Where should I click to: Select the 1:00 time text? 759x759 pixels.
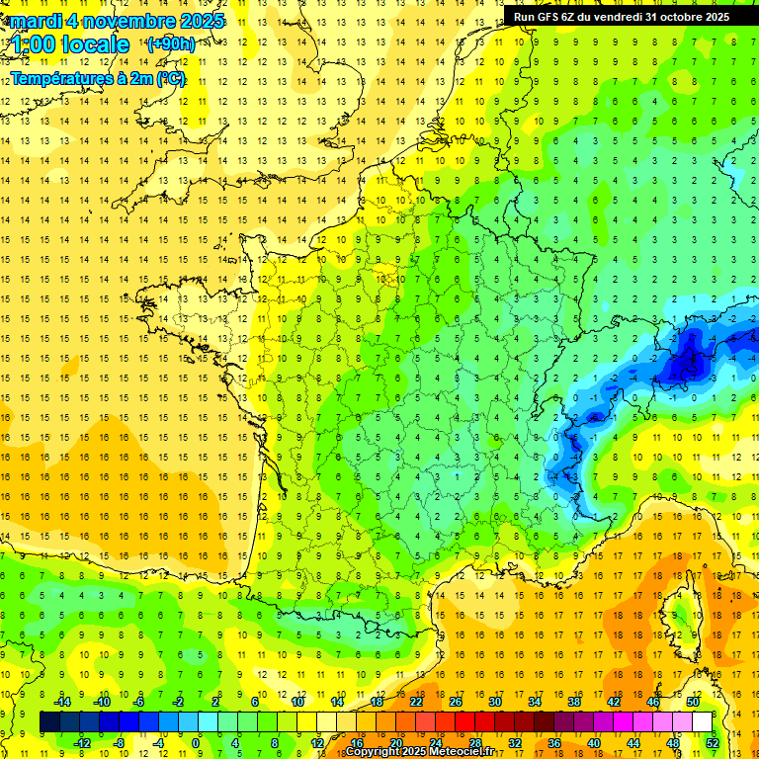[33, 45]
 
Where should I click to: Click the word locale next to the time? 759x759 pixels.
[96, 45]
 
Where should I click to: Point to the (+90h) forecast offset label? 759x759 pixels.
[169, 43]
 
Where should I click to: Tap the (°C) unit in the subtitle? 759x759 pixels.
[170, 79]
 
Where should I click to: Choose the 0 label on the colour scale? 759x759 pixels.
[196, 742]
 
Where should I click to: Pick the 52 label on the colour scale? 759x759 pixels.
[712, 742]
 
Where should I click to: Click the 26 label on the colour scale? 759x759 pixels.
[456, 702]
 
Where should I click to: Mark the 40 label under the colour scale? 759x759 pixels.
[593, 742]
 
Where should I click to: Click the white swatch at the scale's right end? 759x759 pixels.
[702, 721]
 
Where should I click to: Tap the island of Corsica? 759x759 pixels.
[680, 613]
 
